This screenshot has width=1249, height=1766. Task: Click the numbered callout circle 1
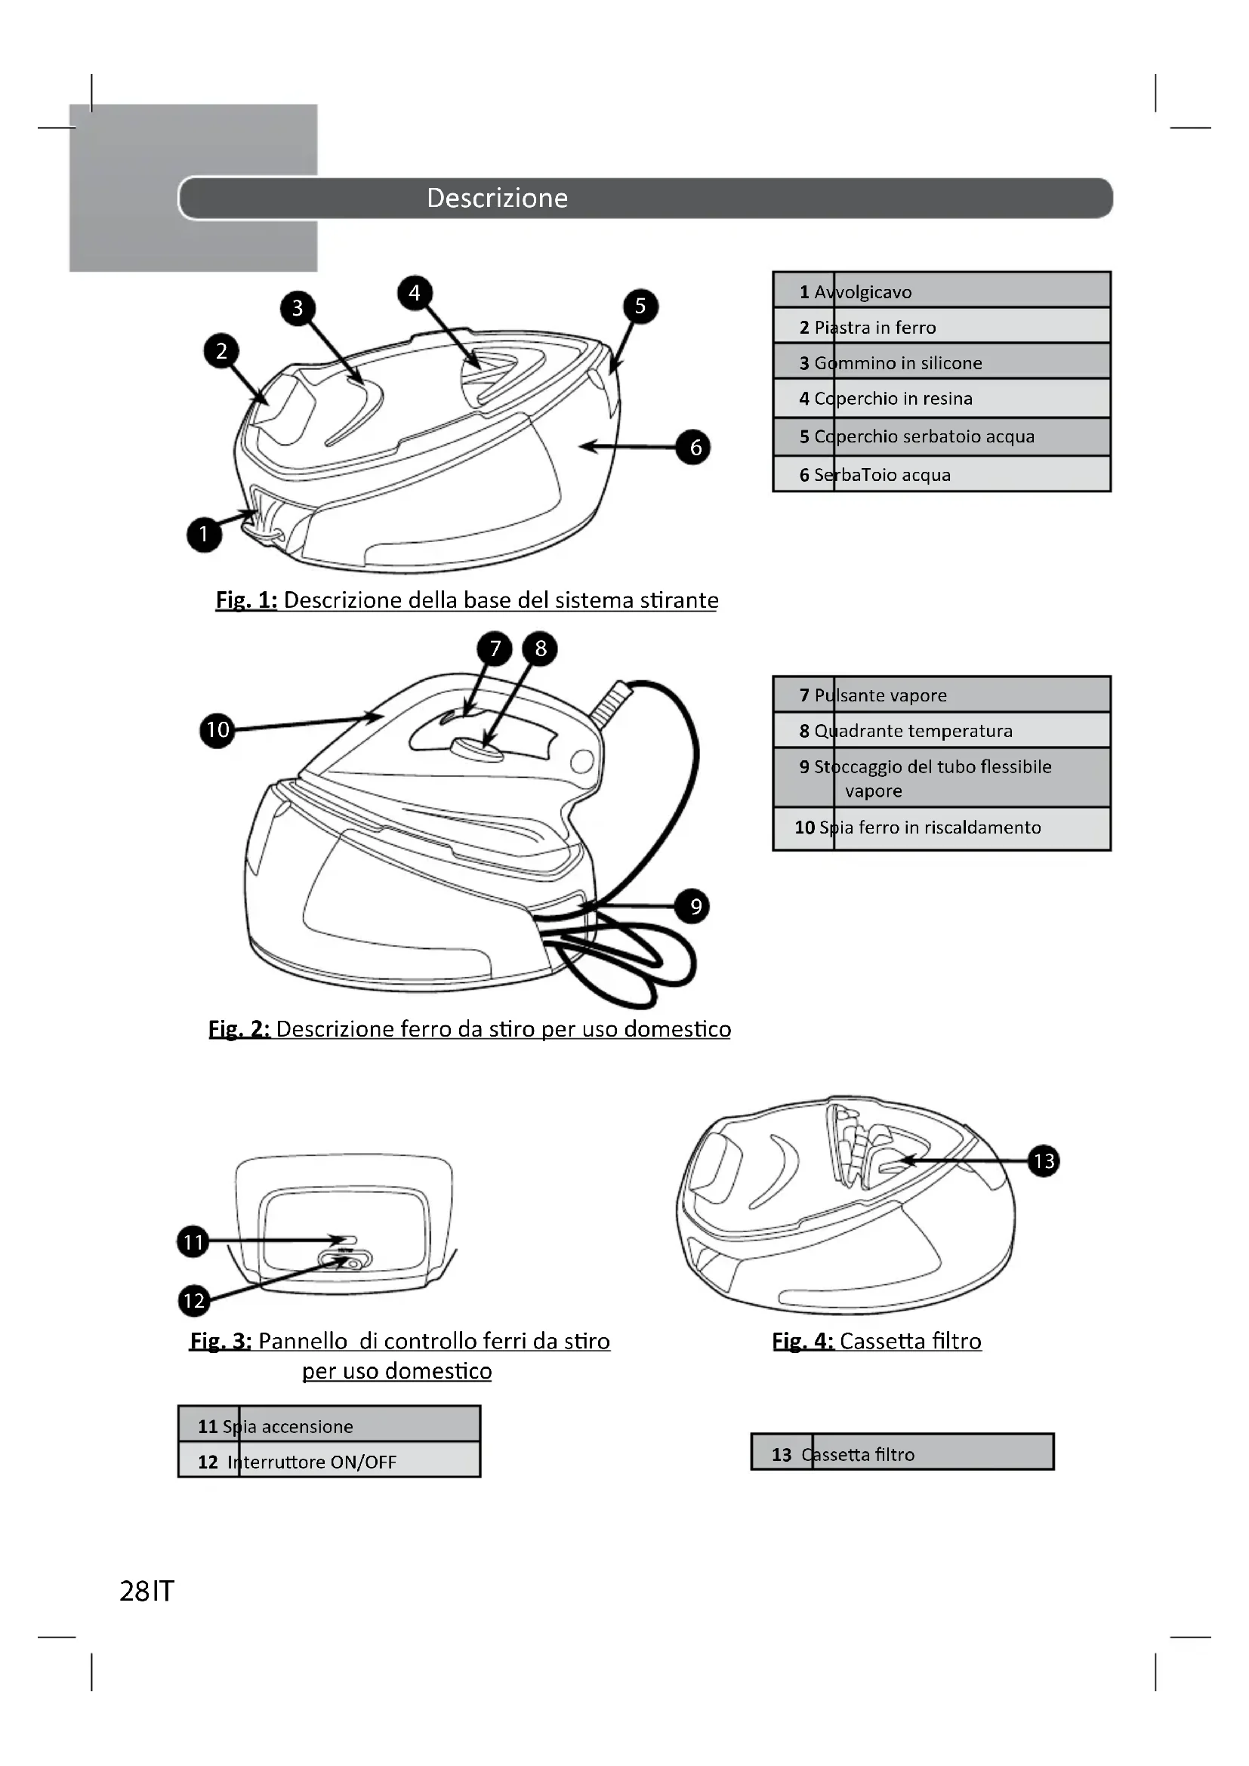click(204, 534)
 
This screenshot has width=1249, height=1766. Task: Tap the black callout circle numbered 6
click(695, 447)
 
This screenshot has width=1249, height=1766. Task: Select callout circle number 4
click(415, 292)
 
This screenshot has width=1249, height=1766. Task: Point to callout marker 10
click(217, 729)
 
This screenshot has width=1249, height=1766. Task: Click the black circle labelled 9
click(692, 906)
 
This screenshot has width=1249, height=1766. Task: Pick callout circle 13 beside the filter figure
click(1044, 1160)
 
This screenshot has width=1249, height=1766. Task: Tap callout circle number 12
click(193, 1300)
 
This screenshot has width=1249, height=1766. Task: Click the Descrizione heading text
click(497, 198)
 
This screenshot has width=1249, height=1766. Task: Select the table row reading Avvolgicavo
click(942, 291)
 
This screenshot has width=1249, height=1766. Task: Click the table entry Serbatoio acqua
click(942, 475)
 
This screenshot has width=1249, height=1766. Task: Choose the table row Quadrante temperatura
click(942, 731)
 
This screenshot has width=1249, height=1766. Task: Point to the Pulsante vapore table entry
click(942, 695)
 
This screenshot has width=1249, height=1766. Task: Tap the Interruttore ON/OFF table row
click(329, 1462)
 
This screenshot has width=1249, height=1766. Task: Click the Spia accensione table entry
click(329, 1426)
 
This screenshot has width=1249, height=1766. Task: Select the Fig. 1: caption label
click(246, 600)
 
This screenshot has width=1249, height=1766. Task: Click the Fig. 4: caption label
click(802, 1342)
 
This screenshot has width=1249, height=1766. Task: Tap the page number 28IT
click(147, 1591)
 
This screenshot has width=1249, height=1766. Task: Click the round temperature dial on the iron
click(476, 747)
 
